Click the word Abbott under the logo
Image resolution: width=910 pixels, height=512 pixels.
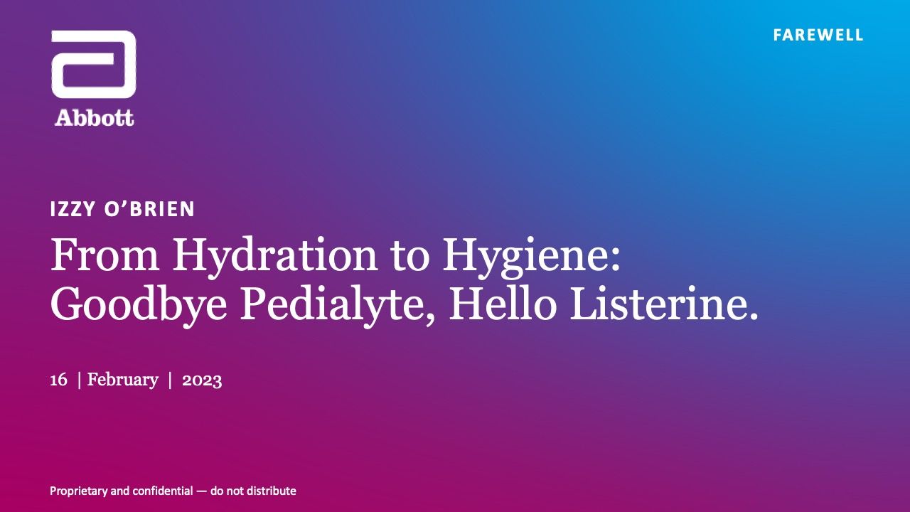click(95, 118)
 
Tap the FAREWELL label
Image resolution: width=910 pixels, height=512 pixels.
click(818, 35)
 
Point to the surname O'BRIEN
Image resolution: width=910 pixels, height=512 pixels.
click(149, 209)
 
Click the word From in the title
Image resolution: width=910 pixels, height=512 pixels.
click(105, 255)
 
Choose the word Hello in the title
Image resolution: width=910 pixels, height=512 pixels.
click(503, 303)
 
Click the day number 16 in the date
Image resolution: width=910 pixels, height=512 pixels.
click(58, 380)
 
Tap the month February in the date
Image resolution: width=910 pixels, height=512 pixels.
click(123, 380)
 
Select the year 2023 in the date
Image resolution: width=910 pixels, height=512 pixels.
click(202, 380)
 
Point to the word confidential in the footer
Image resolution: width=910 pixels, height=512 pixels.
click(163, 491)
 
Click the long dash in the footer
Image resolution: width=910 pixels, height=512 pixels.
click(201, 491)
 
